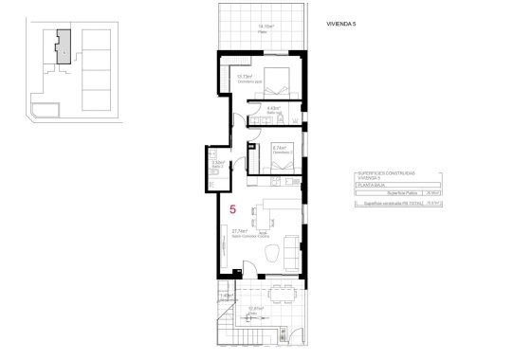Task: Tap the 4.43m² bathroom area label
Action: [274, 109]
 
